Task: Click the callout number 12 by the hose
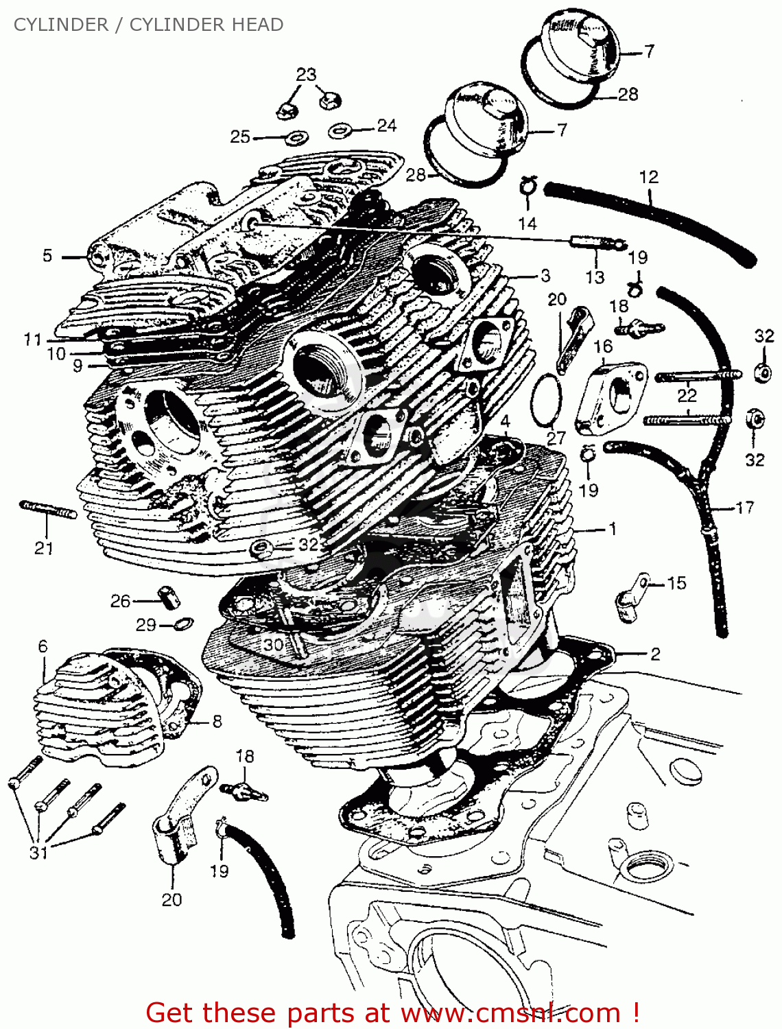[x=648, y=177]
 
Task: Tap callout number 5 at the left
[x=47, y=256]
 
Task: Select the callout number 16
[x=603, y=346]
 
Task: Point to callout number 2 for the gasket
[x=655, y=654]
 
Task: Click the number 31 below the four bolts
[x=38, y=853]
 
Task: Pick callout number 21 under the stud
[x=44, y=547]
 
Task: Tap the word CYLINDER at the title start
[x=61, y=25]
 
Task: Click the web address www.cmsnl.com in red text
[x=510, y=1013]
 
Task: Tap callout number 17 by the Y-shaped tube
[x=744, y=508]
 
